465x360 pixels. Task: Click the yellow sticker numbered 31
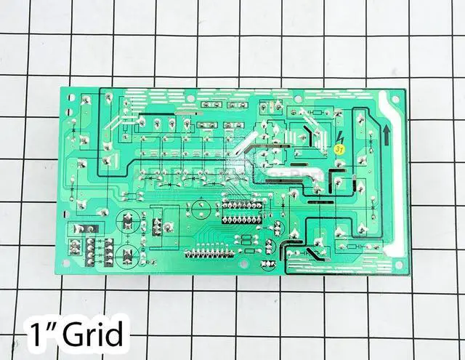(x=339, y=148)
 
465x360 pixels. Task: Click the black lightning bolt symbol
(x=341, y=137)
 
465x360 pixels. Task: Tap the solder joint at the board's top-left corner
(x=86, y=100)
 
